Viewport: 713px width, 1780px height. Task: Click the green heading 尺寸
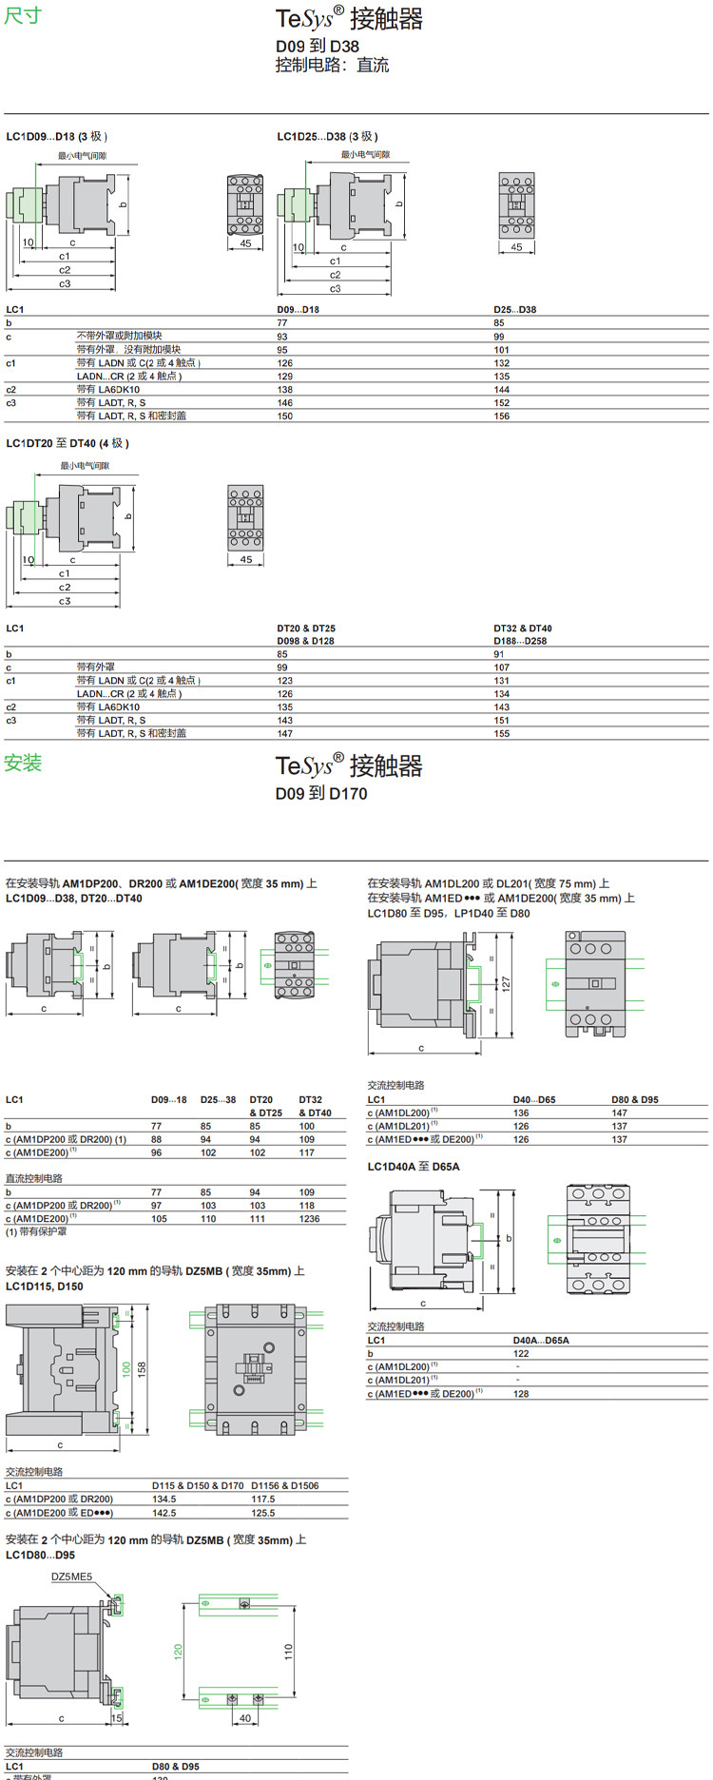tap(23, 16)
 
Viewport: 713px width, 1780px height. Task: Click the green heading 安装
tap(23, 763)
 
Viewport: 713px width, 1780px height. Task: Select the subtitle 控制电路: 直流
tap(332, 66)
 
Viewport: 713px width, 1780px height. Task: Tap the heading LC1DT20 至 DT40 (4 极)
tap(67, 443)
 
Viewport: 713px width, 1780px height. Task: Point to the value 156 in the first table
tap(501, 416)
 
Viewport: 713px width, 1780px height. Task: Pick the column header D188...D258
tap(520, 641)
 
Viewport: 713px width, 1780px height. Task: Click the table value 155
tap(501, 733)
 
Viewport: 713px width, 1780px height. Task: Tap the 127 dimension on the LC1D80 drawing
tap(507, 982)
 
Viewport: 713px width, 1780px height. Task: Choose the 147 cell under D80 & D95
tap(619, 1112)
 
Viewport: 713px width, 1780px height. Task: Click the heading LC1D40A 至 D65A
tap(414, 1167)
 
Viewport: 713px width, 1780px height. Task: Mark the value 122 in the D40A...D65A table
tap(521, 1353)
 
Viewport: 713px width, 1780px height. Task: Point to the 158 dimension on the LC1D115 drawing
tap(142, 1369)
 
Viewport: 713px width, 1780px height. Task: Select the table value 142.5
tap(164, 1512)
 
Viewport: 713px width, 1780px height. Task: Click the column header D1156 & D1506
tap(285, 1485)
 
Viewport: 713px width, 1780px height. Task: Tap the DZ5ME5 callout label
tap(72, 1577)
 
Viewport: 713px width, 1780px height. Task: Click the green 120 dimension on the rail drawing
tap(178, 1652)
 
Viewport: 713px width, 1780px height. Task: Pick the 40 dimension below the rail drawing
tap(245, 1717)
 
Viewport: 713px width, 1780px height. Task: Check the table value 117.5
tap(262, 1499)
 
